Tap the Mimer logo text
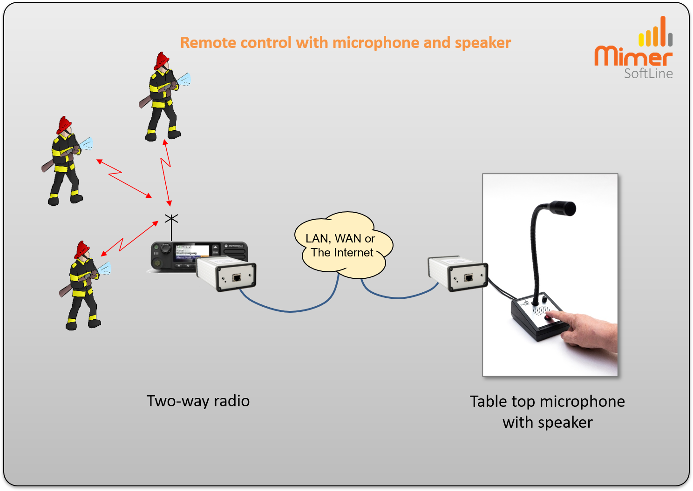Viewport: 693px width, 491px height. pyautogui.click(x=633, y=56)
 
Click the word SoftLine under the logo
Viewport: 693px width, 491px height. pyautogui.click(x=648, y=74)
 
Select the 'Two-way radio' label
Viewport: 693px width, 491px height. pyautogui.click(x=198, y=401)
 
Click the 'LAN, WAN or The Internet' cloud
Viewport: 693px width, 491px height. pyautogui.click(x=342, y=246)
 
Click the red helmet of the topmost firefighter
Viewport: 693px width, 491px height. pyautogui.click(x=162, y=60)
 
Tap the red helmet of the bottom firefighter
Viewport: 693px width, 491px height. pyautogui.click(x=82, y=249)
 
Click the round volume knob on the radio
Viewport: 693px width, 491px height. pyautogui.click(x=165, y=249)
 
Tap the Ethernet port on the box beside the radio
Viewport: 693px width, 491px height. pyautogui.click(x=237, y=278)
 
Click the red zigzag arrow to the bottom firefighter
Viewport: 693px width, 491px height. pyautogui.click(x=128, y=240)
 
